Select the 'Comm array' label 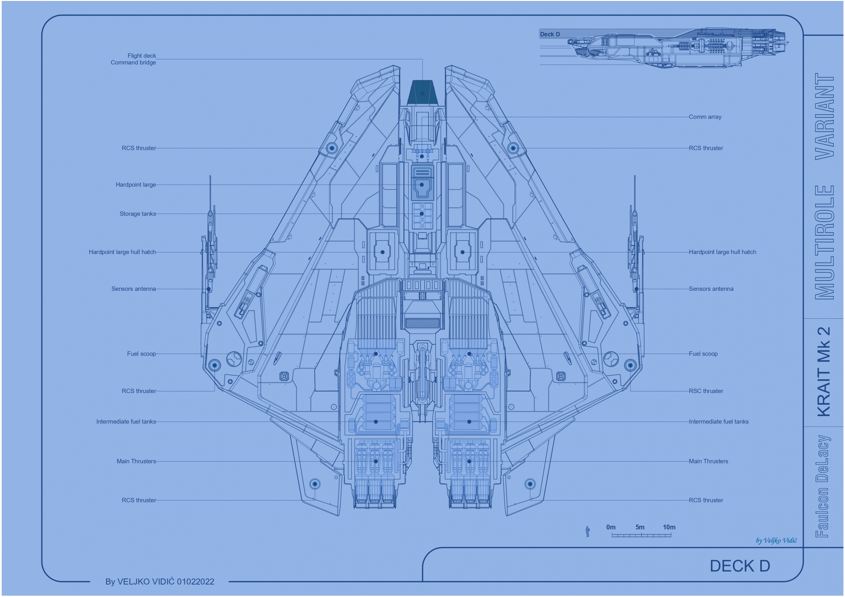[705, 117]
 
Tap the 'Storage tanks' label [138, 214]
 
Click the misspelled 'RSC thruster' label [706, 391]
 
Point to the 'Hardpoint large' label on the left [135, 185]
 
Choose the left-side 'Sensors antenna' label [133, 289]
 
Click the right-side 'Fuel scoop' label [703, 354]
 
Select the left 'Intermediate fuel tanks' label [126, 422]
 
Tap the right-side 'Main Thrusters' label [708, 461]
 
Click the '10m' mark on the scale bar [669, 527]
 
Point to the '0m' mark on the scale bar [611, 527]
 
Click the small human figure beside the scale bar [587, 531]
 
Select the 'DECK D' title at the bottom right [739, 566]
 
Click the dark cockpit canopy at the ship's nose [422, 93]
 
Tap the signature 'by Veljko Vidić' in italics [776, 540]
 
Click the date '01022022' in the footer [195, 582]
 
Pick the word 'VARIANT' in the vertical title [824, 116]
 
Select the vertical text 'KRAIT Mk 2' [824, 371]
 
